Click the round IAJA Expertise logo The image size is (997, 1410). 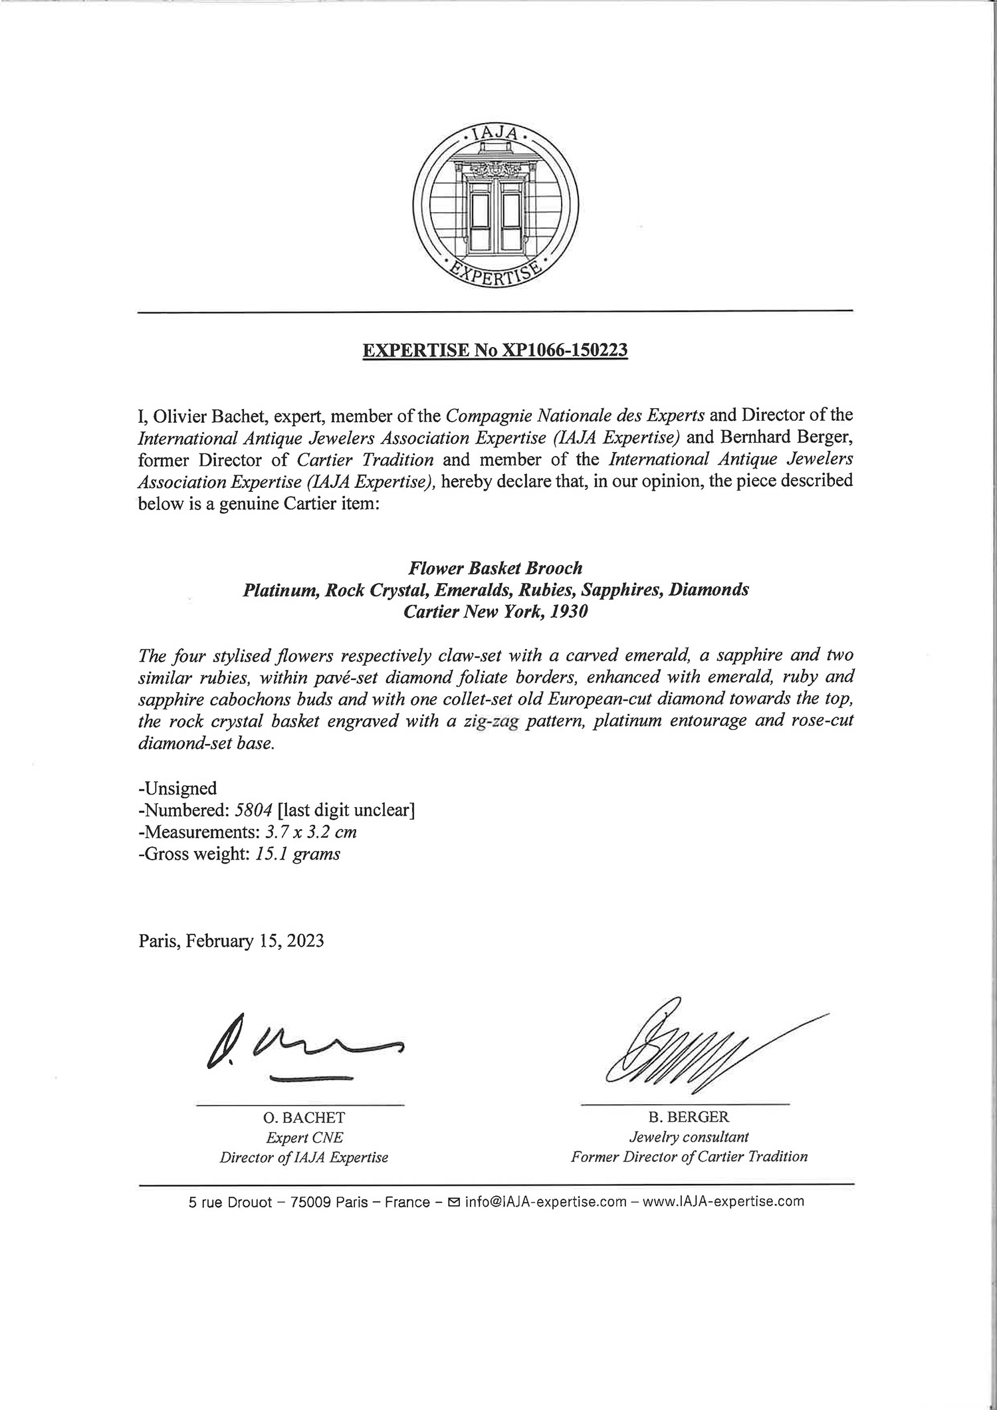pyautogui.click(x=495, y=207)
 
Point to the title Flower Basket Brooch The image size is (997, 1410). pyautogui.click(x=495, y=568)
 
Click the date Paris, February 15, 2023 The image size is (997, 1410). pyautogui.click(x=231, y=941)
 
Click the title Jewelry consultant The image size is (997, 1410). pyautogui.click(x=689, y=1137)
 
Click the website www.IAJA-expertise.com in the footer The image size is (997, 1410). pyautogui.click(x=724, y=1202)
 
